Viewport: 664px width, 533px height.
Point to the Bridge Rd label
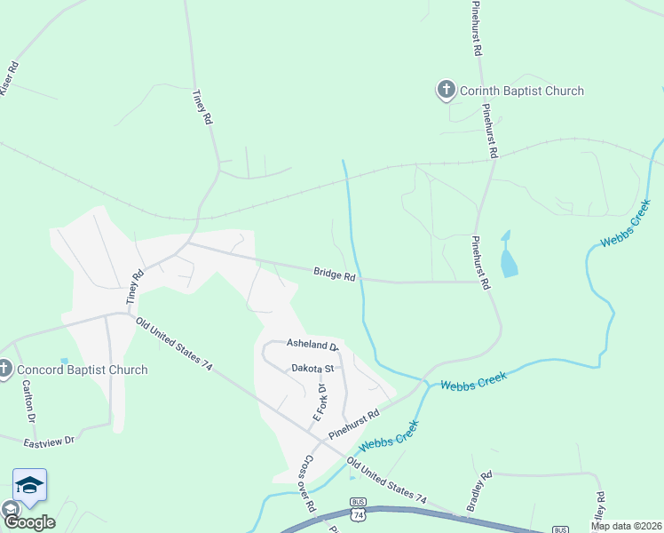click(x=334, y=276)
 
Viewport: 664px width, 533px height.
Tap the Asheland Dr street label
click(x=312, y=345)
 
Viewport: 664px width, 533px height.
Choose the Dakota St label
click(x=311, y=368)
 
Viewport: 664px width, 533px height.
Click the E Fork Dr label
click(x=320, y=402)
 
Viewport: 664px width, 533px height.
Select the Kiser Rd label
click(x=9, y=79)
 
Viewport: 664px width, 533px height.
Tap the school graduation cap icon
click(x=29, y=485)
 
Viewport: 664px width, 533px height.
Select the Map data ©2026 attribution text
click(x=627, y=526)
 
